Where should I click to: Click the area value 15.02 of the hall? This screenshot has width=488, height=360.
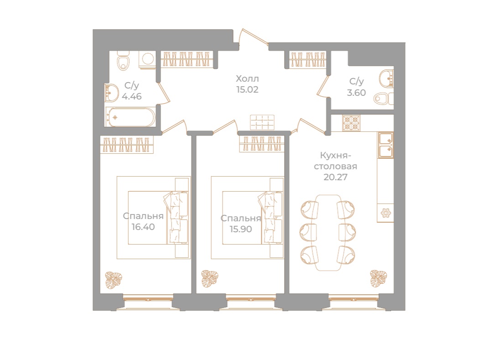pyautogui.click(x=247, y=90)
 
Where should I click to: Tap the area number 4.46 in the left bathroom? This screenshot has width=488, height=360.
pyautogui.click(x=132, y=96)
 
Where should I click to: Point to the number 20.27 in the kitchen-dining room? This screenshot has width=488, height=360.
pyautogui.click(x=335, y=177)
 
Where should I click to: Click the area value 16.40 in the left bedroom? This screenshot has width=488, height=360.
pyautogui.click(x=143, y=227)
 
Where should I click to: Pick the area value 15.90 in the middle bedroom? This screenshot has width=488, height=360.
pyautogui.click(x=240, y=229)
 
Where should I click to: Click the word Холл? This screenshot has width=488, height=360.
pyautogui.click(x=247, y=78)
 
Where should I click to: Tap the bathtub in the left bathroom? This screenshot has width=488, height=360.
pyautogui.click(x=130, y=117)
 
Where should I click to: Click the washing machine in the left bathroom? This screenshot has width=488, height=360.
pyautogui.click(x=148, y=60)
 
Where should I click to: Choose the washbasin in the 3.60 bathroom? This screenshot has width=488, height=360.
pyautogui.click(x=387, y=78)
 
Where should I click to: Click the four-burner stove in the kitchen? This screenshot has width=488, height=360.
pyautogui.click(x=351, y=123)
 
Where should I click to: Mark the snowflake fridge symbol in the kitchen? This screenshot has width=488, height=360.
pyautogui.click(x=386, y=213)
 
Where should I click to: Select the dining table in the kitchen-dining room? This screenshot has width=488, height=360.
pyautogui.click(x=328, y=233)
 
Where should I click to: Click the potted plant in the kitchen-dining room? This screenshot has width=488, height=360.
pyautogui.click(x=378, y=277)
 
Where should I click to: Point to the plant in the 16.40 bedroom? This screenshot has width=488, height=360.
pyautogui.click(x=114, y=280)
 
